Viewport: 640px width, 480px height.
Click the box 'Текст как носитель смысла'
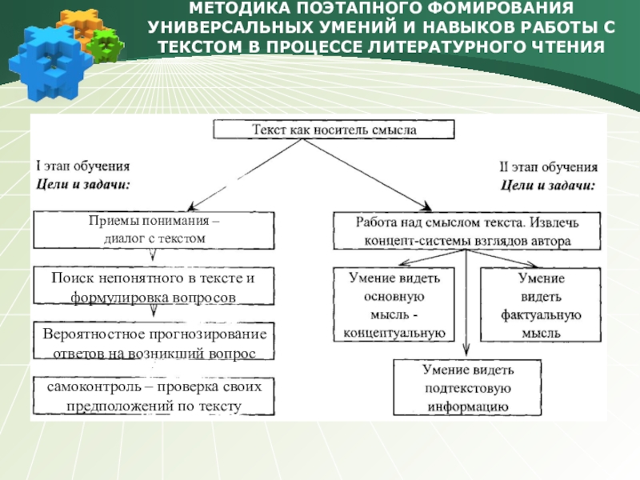point(334,129)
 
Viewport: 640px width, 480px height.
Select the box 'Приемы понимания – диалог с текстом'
point(154,230)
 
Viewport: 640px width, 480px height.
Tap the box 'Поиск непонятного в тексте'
point(154,287)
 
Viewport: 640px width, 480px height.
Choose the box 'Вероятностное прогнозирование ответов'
point(154,342)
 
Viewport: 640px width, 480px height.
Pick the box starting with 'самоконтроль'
point(154,397)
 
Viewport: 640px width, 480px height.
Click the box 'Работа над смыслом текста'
point(466,230)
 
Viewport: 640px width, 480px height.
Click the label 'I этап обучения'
point(83,166)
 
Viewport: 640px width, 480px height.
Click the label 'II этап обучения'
point(549,168)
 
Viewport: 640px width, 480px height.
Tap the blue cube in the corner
point(42,56)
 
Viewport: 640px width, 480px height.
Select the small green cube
point(102,45)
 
